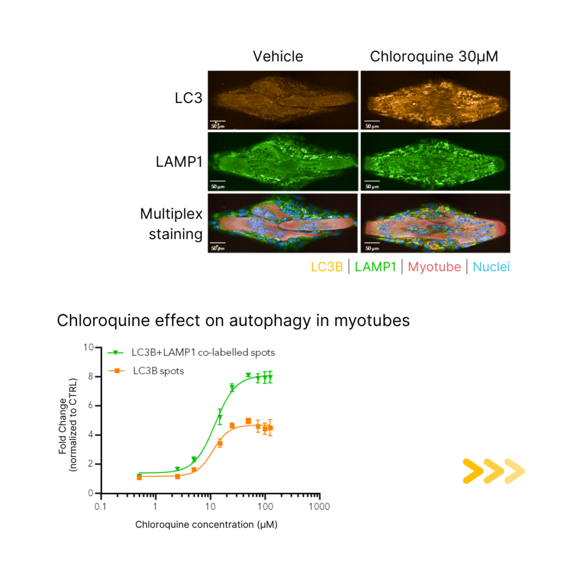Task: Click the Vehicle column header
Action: point(278,56)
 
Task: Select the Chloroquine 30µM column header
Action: point(434,56)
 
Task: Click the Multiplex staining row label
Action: point(171,224)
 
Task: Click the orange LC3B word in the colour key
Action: point(327,267)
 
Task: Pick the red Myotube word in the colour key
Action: point(434,267)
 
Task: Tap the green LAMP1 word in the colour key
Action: point(376,267)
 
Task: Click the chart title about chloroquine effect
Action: point(233,321)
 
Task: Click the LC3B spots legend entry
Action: point(158,371)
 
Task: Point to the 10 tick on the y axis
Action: point(87,347)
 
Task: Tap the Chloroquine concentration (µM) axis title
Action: point(206,524)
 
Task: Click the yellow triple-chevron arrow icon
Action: point(493,471)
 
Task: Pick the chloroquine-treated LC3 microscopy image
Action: point(435,100)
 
